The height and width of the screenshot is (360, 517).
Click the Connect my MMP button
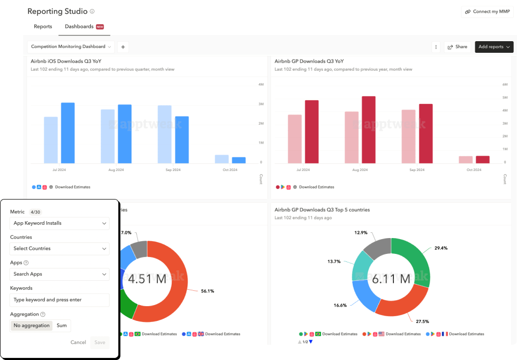(x=487, y=12)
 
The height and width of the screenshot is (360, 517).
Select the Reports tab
(x=43, y=26)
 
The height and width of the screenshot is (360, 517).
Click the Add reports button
(x=494, y=47)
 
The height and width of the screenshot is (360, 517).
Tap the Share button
(x=457, y=47)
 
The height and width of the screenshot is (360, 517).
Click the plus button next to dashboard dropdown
(x=123, y=47)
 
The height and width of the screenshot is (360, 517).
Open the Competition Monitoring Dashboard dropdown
(x=71, y=47)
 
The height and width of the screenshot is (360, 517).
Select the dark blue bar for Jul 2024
(x=68, y=133)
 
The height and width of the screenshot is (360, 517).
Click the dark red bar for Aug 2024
(x=369, y=130)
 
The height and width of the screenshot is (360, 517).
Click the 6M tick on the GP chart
(x=504, y=84)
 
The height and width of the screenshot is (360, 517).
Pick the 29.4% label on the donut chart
(x=441, y=248)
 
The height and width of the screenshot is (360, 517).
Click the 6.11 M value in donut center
(x=391, y=278)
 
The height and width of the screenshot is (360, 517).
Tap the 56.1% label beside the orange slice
(x=207, y=291)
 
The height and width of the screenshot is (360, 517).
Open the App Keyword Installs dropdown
(x=60, y=223)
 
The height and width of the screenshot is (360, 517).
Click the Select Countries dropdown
(x=60, y=249)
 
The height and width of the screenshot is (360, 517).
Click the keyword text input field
(x=60, y=300)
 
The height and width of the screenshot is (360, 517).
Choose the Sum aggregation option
(x=62, y=326)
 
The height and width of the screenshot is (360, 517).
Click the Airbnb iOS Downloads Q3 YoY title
(x=66, y=61)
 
